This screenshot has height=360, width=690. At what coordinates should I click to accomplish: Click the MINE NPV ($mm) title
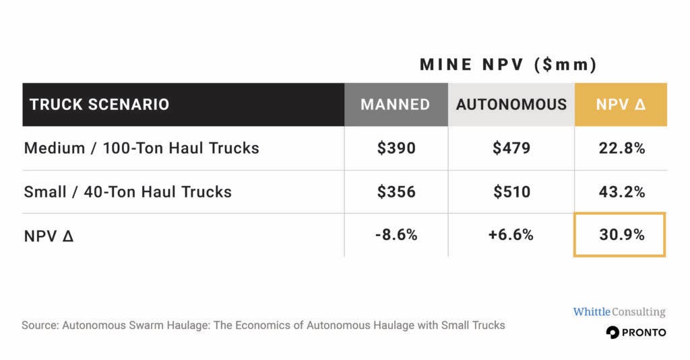(x=508, y=65)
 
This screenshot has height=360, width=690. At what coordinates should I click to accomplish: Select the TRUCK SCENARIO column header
(x=99, y=104)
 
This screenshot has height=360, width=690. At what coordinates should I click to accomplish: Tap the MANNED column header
(x=395, y=104)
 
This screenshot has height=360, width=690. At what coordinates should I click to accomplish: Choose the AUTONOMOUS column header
(x=511, y=104)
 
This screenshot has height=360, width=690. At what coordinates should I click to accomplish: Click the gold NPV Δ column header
(x=621, y=104)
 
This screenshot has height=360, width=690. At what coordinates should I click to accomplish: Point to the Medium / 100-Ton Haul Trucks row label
(x=142, y=148)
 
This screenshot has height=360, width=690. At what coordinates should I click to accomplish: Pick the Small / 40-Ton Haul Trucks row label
(x=127, y=191)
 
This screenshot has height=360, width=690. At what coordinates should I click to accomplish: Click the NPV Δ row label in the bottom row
(x=48, y=235)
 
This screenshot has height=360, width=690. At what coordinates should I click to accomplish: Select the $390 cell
(x=396, y=148)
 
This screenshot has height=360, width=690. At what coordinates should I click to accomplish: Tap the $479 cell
(x=511, y=148)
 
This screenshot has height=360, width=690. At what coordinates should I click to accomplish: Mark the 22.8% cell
(x=621, y=148)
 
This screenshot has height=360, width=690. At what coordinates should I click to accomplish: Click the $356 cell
(x=396, y=191)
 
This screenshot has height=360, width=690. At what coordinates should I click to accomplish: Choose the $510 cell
(x=511, y=191)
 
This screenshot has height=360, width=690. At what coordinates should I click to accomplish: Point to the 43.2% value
(x=621, y=191)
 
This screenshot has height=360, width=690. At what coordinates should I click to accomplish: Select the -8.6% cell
(x=396, y=235)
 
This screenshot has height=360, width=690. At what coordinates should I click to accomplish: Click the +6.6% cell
(x=511, y=235)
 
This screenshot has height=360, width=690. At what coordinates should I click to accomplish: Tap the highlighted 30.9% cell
(x=620, y=235)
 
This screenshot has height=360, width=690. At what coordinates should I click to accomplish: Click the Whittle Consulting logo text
(x=619, y=311)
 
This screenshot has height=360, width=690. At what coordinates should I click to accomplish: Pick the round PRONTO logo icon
(x=613, y=332)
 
